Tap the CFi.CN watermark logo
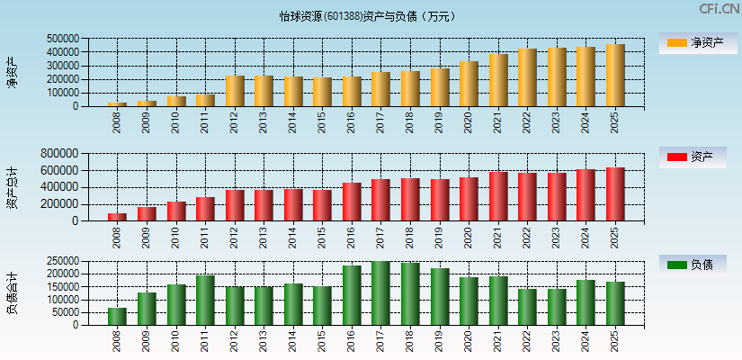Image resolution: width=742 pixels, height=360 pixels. click(x=719, y=9)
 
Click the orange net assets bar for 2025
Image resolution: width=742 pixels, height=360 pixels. click(x=615, y=76)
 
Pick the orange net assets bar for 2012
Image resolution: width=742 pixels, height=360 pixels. click(x=235, y=91)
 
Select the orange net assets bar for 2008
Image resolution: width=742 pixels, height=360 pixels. click(x=118, y=103)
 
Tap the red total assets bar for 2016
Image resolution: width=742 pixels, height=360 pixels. click(x=352, y=202)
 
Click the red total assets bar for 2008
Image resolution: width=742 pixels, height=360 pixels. click(x=118, y=217)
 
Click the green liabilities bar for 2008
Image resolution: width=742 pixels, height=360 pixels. click(x=118, y=316)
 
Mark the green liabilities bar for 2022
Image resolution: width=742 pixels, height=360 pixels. click(x=527, y=307)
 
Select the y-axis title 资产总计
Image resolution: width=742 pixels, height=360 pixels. click(x=12, y=187)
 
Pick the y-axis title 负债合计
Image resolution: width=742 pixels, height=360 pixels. click(x=12, y=293)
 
